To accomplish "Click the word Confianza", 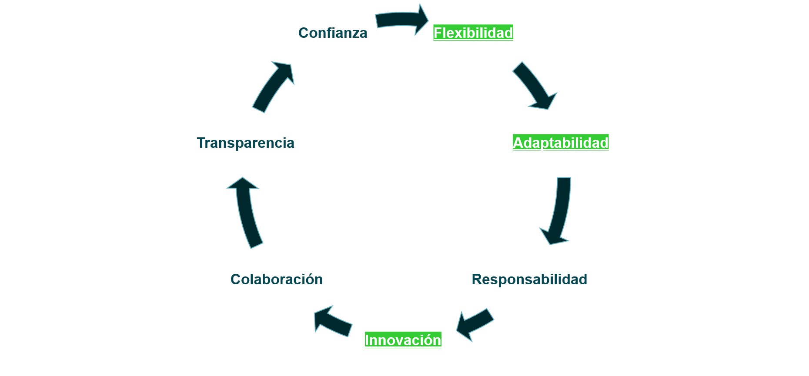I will coord(333,33).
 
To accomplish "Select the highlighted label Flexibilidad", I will coord(473,33).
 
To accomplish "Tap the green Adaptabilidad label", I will coord(560,143).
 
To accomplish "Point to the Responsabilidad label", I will coord(529,279).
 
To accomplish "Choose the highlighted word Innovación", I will coord(403,340).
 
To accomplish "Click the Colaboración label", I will coord(277,279).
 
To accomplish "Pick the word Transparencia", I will coord(245,143).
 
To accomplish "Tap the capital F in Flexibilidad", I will coord(438,33).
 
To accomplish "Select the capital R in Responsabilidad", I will coord(477,279).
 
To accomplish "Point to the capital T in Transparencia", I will coord(201,143).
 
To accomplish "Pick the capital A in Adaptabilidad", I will coord(518,143).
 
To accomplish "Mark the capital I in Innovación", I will coord(367,340).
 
